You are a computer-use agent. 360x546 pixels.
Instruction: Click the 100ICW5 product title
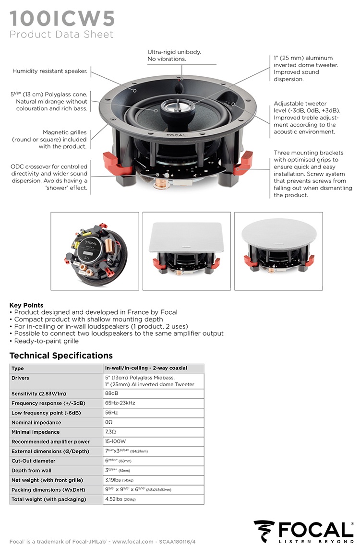(x=62, y=18)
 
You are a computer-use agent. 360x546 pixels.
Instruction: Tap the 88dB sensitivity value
(x=111, y=393)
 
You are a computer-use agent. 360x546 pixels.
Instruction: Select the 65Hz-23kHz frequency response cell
(x=120, y=403)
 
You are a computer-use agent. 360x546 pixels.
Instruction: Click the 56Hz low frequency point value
(x=111, y=413)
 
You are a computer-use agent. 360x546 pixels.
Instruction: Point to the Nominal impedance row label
(x=36, y=423)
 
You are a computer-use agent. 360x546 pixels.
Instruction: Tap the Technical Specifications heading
(x=61, y=356)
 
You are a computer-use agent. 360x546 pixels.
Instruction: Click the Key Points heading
(x=26, y=305)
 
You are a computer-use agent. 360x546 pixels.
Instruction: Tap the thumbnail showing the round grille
(x=278, y=251)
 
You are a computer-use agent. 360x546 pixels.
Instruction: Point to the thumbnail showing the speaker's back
(x=95, y=251)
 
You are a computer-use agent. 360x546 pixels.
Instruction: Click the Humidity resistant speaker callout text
(x=50, y=71)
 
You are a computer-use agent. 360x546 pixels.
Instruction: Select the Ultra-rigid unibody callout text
(x=174, y=55)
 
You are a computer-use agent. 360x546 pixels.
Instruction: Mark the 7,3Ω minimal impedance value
(x=110, y=432)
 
